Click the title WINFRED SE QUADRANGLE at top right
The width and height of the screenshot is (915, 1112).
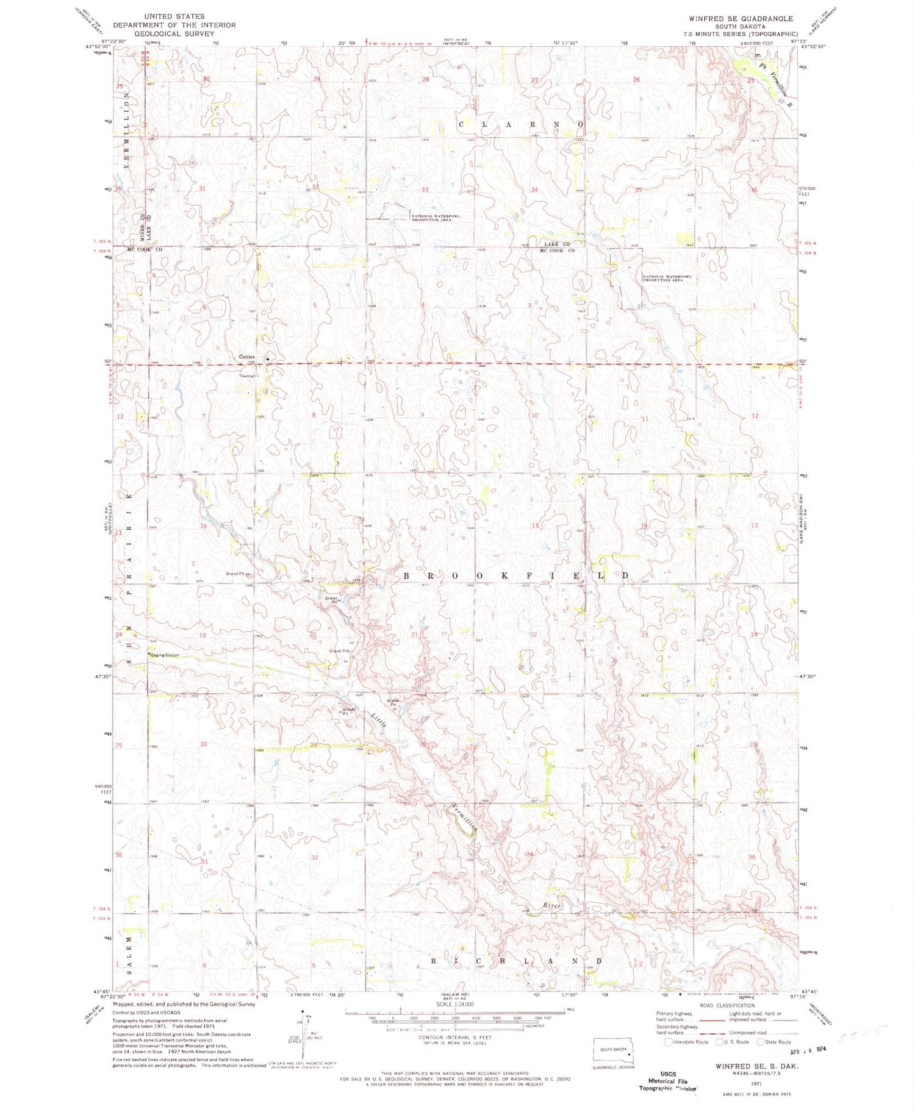(x=741, y=19)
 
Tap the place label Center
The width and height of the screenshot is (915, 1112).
(x=246, y=357)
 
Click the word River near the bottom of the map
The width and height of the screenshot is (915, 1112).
(x=551, y=906)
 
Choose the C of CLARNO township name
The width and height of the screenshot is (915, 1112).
(x=462, y=124)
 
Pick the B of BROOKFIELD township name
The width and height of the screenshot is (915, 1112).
(x=407, y=576)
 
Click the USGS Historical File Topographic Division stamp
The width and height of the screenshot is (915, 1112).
(x=668, y=1081)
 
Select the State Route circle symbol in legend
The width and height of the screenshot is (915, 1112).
(x=761, y=1042)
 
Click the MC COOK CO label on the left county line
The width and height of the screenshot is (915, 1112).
(x=145, y=250)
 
